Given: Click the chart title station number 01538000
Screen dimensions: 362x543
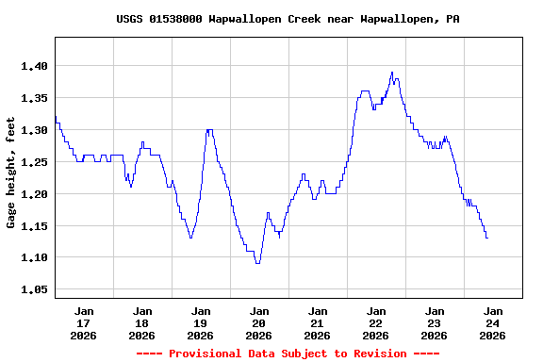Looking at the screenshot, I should pos(176,19).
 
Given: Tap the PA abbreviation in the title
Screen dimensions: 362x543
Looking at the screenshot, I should pos(452,19).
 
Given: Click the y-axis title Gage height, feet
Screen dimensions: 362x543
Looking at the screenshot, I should pos(11,173).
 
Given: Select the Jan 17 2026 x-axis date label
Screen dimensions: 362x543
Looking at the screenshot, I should pos(84,322).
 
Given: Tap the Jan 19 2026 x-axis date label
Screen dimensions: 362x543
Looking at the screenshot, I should pos(201,322).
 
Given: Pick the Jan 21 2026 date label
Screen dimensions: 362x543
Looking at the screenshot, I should pos(318,322).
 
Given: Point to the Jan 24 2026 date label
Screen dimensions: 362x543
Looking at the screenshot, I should pos(492,322).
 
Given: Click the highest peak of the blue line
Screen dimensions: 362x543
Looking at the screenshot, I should pos(392,73).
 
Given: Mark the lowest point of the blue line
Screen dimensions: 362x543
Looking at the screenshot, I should pos(257,263).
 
